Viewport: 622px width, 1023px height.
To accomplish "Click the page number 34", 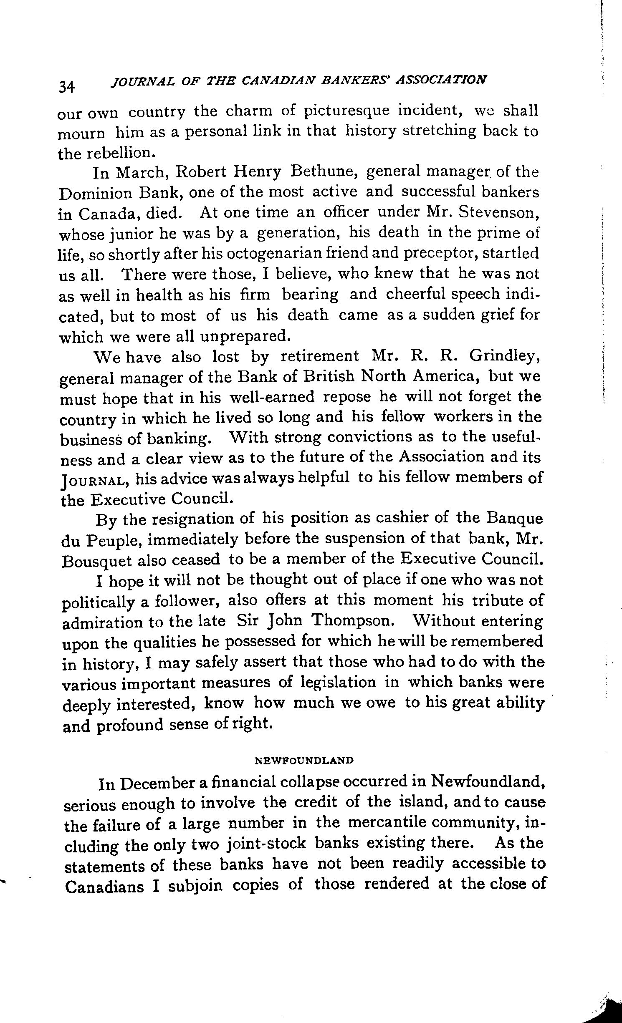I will point(67,86).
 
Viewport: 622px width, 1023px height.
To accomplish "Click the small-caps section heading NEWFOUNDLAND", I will point(304,760).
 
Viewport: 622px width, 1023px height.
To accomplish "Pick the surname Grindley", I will point(505,356).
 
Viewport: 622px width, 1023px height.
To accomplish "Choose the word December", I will point(159,784).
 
